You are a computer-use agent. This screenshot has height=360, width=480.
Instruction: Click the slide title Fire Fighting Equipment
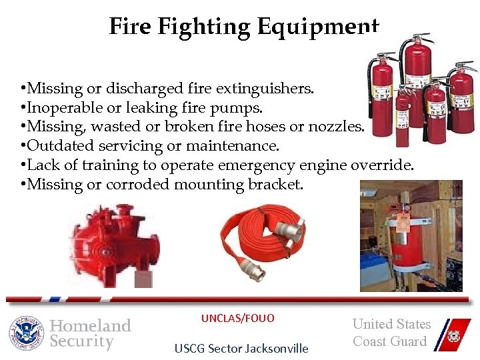tap(243, 27)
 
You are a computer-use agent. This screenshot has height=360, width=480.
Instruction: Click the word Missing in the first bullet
tap(54, 89)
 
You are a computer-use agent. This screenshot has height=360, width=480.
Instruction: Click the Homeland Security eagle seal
tap(27, 333)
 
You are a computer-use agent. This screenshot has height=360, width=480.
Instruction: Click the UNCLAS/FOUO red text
tap(237, 318)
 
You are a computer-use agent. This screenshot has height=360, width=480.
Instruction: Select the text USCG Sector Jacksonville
tap(241, 348)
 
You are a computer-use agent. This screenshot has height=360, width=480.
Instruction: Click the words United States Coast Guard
tap(391, 333)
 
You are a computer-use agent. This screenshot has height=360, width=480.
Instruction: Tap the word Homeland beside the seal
tap(91, 325)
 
